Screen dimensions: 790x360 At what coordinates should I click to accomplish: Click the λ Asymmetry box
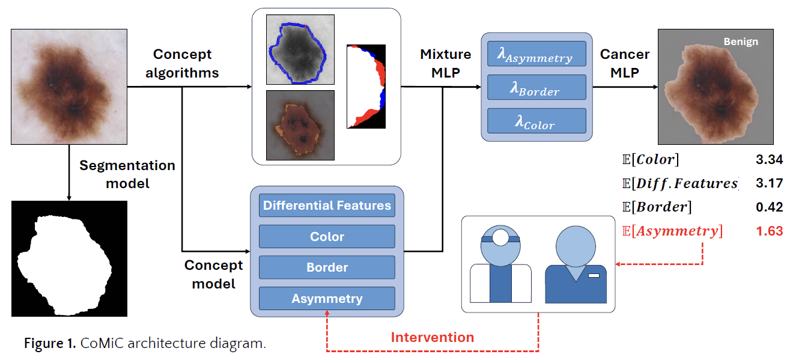click(536, 53)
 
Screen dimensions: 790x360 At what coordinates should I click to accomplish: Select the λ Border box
click(536, 87)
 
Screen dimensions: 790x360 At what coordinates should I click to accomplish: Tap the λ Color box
click(536, 121)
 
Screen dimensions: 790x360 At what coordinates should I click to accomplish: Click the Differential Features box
click(327, 205)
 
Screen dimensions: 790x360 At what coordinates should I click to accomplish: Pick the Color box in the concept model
click(327, 236)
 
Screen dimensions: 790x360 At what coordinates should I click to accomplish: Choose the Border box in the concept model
click(327, 267)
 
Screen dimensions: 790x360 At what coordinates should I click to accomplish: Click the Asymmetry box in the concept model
click(327, 298)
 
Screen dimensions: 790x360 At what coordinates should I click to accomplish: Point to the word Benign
click(741, 41)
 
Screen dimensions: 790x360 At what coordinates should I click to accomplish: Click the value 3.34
click(769, 159)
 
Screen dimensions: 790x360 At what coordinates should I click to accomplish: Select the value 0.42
click(769, 207)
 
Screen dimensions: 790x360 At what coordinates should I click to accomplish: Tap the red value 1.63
click(769, 231)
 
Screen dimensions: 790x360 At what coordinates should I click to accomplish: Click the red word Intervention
click(433, 337)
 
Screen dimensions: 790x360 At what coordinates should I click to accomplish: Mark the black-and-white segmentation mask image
click(69, 258)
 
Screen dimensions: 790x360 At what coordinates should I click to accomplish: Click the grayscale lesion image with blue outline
click(300, 49)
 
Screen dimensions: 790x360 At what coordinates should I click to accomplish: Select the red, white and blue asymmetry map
click(366, 86)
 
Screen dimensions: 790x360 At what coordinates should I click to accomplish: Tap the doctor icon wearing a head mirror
click(500, 264)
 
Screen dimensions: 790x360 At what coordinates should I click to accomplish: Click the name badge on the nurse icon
click(594, 275)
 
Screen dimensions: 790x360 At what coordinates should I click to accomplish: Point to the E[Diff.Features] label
click(680, 183)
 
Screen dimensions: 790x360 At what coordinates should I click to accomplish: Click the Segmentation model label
click(127, 174)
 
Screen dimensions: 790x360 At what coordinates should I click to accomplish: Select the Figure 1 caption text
click(145, 343)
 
